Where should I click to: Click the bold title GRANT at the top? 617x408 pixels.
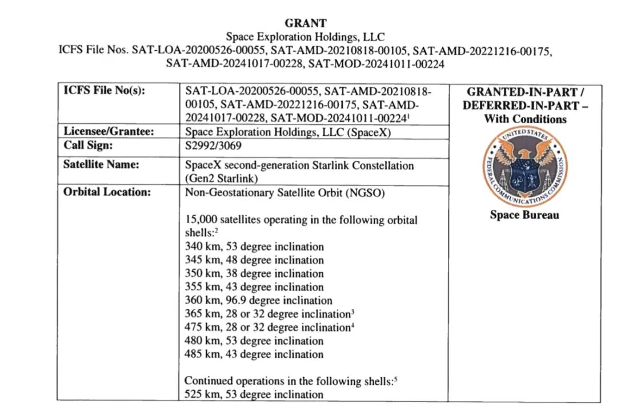[306, 23]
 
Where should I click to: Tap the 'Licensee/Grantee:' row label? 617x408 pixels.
[109, 132]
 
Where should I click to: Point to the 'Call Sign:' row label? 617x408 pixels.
[89, 146]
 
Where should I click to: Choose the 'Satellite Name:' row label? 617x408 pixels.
[101, 165]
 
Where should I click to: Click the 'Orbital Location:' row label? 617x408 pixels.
[107, 192]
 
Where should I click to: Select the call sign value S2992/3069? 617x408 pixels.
[210, 146]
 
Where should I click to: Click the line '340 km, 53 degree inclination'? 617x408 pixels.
[254, 247]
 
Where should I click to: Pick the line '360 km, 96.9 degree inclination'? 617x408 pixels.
[258, 301]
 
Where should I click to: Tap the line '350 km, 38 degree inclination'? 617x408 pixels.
[254, 274]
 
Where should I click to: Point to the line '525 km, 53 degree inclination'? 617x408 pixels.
[254, 394]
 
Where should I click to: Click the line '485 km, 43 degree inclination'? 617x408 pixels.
[254, 354]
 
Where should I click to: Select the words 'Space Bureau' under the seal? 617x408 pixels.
[524, 216]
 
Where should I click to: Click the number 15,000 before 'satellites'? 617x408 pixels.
[199, 220]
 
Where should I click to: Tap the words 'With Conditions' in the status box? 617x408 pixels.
[525, 119]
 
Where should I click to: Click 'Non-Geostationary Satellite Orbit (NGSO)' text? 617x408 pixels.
[285, 192]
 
